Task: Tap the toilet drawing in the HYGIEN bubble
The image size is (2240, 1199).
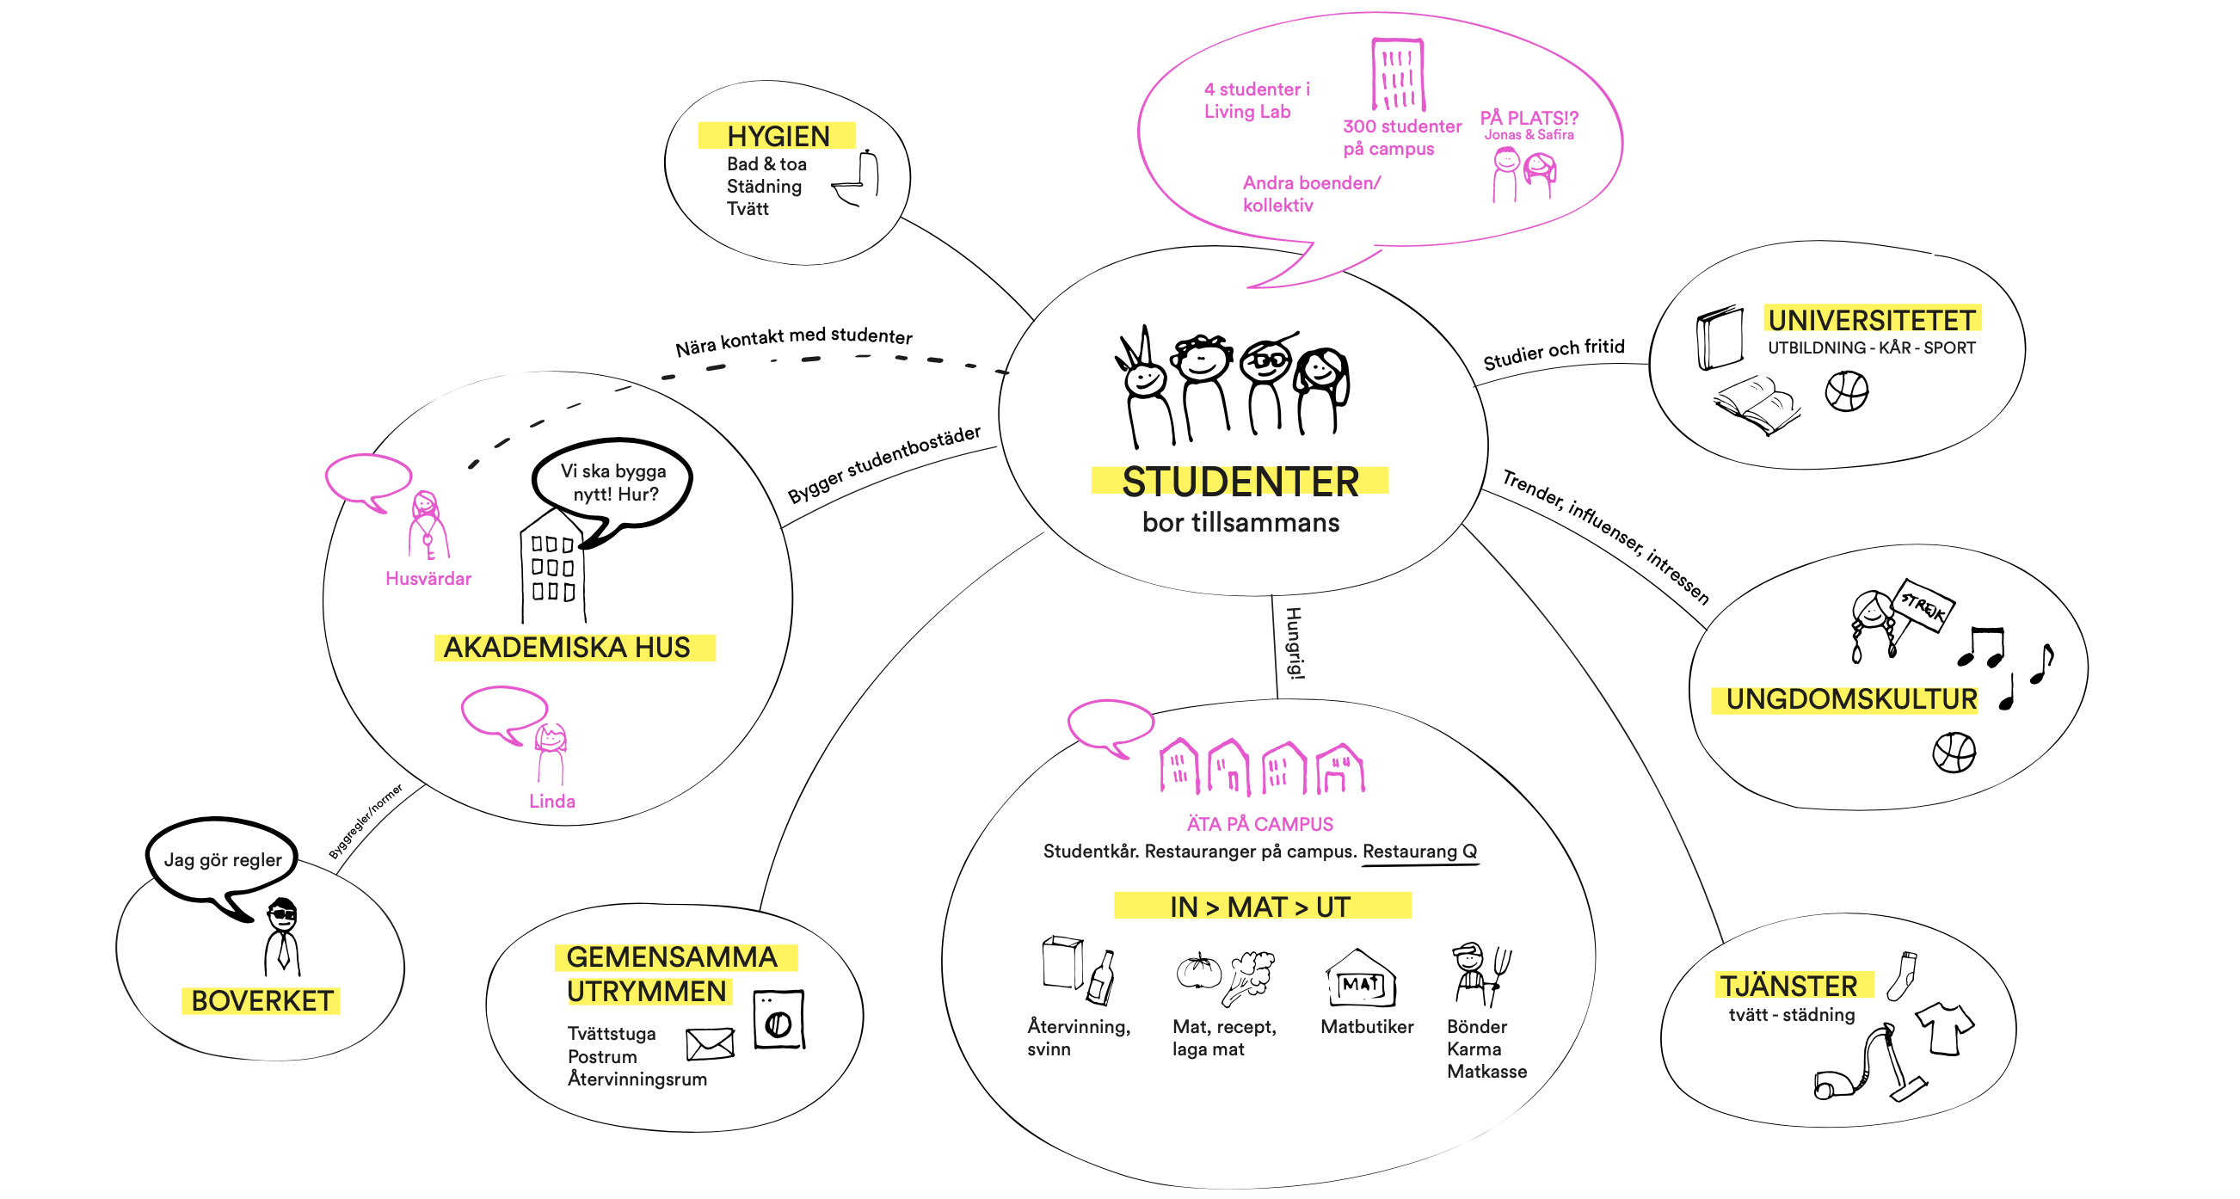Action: click(858, 179)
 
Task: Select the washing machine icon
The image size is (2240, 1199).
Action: click(778, 1020)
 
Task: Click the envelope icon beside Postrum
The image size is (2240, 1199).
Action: click(710, 1043)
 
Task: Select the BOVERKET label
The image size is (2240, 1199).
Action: click(261, 1001)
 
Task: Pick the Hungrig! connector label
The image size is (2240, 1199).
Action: click(1294, 643)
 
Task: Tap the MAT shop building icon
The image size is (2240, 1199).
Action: click(1361, 980)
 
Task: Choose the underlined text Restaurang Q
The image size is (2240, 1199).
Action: click(1419, 852)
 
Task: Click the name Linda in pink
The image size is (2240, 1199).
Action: click(552, 801)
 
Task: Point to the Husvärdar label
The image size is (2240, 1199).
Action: click(428, 578)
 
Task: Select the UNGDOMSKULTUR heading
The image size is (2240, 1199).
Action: click(1850, 699)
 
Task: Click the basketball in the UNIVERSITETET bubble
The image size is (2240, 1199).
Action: click(1846, 391)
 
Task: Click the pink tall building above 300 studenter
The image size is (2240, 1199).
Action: click(1397, 74)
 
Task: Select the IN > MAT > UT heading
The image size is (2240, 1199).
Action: click(1260, 907)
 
